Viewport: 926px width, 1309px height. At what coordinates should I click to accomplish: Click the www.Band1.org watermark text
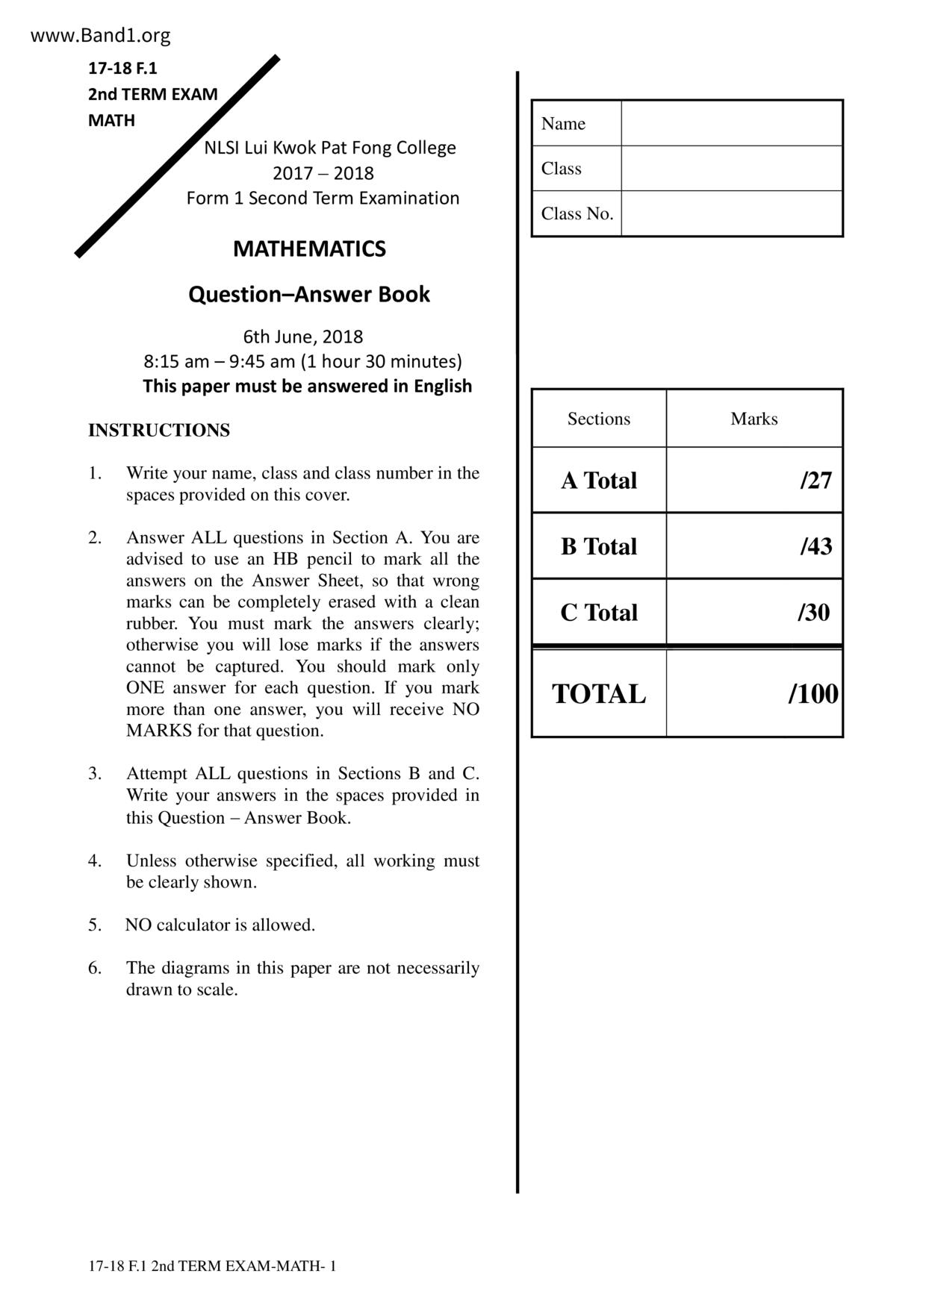click(100, 35)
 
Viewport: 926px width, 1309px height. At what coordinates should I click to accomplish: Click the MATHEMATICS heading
click(309, 249)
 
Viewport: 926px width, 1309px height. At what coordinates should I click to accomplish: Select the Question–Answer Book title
click(309, 294)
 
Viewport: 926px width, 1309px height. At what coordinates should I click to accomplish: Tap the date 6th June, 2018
click(303, 337)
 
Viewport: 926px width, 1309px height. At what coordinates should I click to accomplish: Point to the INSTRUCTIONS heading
click(159, 431)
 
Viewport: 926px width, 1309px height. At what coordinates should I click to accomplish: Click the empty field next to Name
click(731, 123)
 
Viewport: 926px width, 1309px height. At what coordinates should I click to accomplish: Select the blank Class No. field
click(731, 213)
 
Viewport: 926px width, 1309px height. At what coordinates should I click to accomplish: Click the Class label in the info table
click(562, 169)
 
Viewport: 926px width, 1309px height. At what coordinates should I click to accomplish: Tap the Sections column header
click(599, 419)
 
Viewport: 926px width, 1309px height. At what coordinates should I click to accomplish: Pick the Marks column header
click(754, 419)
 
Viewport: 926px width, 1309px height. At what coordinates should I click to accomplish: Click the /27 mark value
click(815, 481)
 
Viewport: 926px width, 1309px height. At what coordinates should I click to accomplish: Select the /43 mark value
click(815, 546)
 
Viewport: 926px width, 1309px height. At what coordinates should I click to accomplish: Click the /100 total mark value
click(812, 694)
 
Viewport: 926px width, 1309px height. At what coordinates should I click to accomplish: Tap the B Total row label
click(599, 546)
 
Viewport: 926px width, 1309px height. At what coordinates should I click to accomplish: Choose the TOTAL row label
click(599, 694)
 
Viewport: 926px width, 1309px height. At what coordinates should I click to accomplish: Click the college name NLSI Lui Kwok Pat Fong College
click(330, 148)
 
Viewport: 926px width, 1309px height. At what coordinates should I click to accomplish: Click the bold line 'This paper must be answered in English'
click(308, 386)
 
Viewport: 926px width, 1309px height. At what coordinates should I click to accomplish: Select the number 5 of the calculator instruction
click(95, 925)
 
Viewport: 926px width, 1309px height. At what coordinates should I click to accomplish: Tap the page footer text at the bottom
click(212, 1266)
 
